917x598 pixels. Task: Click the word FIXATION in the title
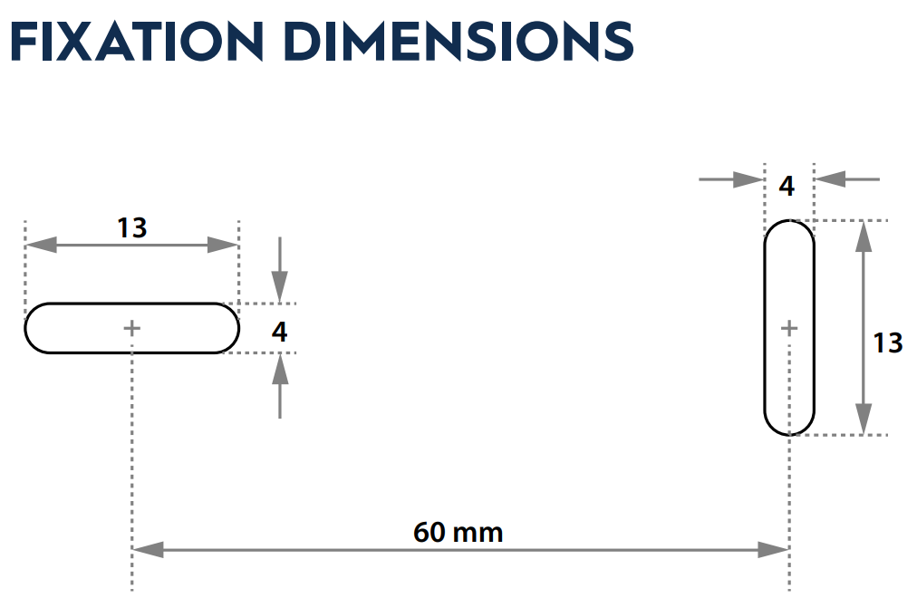point(137,41)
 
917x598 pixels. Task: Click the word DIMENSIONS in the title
point(458,41)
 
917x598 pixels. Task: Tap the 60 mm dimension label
point(458,533)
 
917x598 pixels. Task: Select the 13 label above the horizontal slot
point(131,227)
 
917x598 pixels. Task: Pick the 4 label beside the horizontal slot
point(280,332)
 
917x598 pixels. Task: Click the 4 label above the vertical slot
point(787,186)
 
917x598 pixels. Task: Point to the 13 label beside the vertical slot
point(888,342)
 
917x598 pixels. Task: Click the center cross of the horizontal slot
point(132,329)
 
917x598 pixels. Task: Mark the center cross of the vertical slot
point(789,329)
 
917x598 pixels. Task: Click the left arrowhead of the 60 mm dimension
point(148,549)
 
